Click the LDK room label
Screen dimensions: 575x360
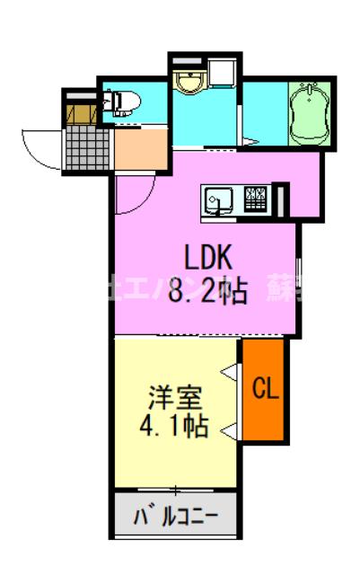tap(209, 258)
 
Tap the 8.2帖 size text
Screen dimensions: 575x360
tap(209, 292)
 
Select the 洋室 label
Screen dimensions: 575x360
tap(174, 396)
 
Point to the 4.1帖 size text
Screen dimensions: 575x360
tap(174, 425)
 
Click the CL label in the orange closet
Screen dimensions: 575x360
tap(265, 389)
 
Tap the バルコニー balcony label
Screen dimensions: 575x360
tap(175, 517)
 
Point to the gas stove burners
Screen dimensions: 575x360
tap(255, 197)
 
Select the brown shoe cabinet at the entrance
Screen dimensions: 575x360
tap(80, 111)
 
